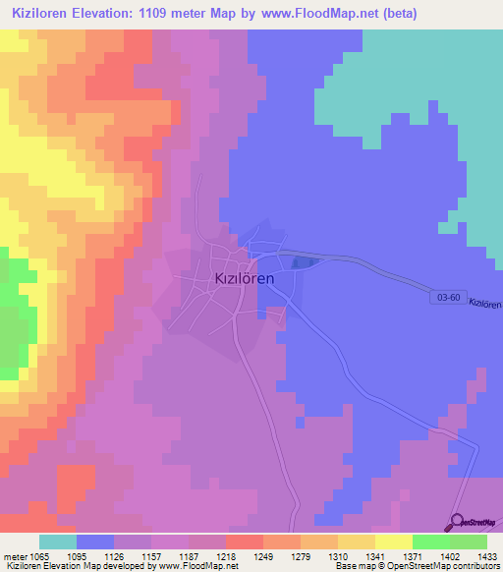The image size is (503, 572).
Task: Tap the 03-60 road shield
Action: coord(445,295)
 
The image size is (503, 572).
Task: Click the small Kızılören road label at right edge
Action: coord(484,305)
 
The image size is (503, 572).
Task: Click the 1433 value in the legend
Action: coord(476,556)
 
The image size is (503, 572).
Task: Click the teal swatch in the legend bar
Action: coord(58,542)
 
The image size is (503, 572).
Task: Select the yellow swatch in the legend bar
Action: coord(393,542)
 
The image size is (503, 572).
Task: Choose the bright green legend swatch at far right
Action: coord(469,542)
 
